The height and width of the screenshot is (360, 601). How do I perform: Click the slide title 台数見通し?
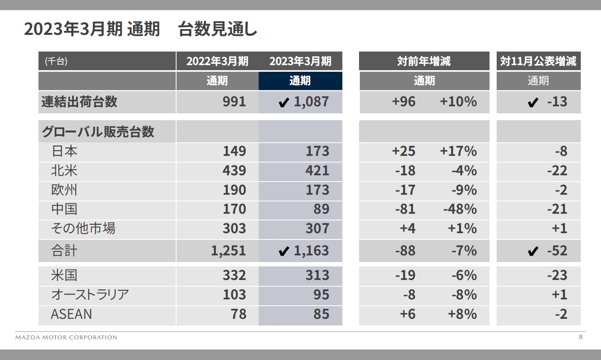pos(217,29)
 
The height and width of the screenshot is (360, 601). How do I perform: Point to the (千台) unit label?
pos(56,61)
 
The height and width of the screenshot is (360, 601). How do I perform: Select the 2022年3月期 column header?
pos(217,61)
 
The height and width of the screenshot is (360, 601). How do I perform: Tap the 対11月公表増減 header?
pos(538,61)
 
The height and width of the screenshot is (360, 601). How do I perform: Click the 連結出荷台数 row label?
pos(79,102)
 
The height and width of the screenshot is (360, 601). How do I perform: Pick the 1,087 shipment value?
pos(311,102)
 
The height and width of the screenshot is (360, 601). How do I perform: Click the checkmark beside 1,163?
pos(284,251)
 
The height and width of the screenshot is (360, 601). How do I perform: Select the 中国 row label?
pos(64,209)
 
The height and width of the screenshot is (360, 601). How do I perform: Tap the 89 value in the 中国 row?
pos(321,209)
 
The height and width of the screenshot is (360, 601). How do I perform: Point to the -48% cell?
pos(460,209)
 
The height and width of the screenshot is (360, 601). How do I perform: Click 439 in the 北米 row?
pos(234,170)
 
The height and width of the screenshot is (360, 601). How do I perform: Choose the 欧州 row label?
pos(64,190)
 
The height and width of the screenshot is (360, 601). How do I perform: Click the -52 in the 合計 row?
pos(557,251)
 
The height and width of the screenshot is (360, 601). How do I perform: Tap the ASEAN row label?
pos(71,314)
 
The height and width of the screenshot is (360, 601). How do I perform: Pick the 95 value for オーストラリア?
pos(321,295)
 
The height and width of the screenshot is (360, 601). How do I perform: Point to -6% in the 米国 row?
pos(464,275)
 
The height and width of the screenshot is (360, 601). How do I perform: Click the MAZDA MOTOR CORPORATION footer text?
pos(66,337)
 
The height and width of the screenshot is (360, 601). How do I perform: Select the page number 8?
pos(581,337)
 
